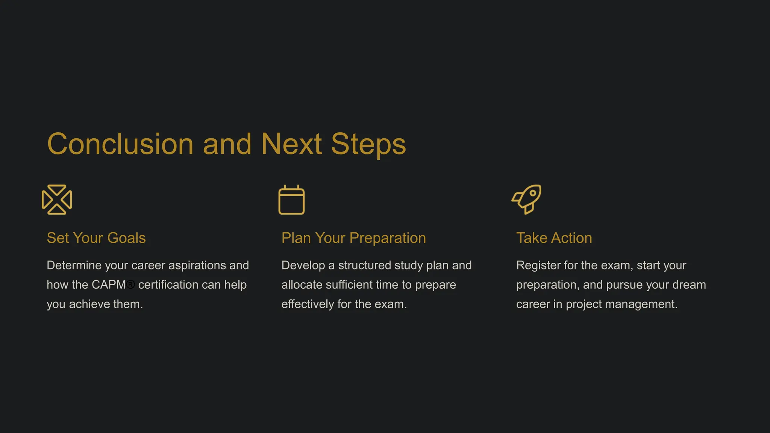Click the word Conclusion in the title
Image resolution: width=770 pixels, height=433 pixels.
(x=120, y=144)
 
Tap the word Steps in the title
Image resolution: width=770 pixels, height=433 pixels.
(x=368, y=144)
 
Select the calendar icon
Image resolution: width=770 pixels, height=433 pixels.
(x=291, y=200)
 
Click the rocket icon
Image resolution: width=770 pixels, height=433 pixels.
(x=527, y=199)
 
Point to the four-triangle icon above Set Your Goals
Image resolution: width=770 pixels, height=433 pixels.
(x=57, y=200)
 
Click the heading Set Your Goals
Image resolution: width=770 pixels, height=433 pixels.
(x=96, y=238)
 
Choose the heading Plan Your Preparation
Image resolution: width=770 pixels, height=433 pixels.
(x=353, y=238)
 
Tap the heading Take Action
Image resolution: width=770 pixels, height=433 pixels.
(x=554, y=238)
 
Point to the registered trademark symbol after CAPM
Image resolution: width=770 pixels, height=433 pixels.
(x=130, y=285)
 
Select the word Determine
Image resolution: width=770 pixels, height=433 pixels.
(x=74, y=265)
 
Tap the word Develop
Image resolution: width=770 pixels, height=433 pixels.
(x=303, y=265)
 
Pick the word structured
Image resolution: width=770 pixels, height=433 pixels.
(x=362, y=265)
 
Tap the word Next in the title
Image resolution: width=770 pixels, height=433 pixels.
(x=291, y=144)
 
